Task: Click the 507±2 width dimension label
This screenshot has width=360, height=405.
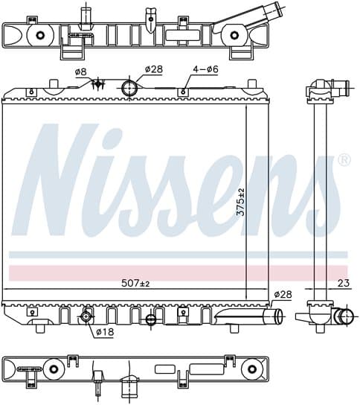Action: [135, 284]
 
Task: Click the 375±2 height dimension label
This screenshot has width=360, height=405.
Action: [241, 202]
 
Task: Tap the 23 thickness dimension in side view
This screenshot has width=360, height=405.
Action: [343, 283]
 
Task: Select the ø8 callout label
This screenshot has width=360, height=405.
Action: [80, 72]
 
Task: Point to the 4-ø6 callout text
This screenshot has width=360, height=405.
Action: [205, 69]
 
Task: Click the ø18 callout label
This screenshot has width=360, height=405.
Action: [105, 331]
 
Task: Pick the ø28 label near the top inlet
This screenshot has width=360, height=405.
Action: [154, 69]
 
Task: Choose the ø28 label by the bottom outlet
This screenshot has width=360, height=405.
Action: [283, 294]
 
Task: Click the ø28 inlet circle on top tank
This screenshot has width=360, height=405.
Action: [129, 88]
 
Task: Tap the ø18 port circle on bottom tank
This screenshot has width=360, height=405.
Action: [86, 316]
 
